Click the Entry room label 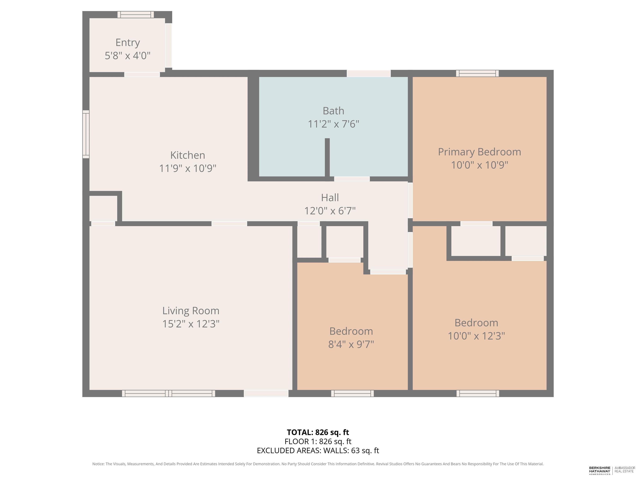click(x=128, y=43)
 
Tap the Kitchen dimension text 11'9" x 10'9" click(x=188, y=168)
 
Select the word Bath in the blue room click(x=333, y=111)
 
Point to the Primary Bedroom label click(x=479, y=152)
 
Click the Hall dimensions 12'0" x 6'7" click(x=330, y=211)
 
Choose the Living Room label click(x=191, y=311)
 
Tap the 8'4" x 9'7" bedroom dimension click(x=351, y=344)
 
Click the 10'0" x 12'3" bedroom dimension click(x=476, y=336)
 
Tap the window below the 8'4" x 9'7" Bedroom click(x=353, y=394)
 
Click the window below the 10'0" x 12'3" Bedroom click(x=478, y=394)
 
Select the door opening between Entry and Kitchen click(x=142, y=75)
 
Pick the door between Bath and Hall click(x=352, y=179)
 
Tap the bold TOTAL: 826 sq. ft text click(x=318, y=432)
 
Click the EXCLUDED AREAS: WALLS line click(x=318, y=450)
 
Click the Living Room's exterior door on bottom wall click(x=266, y=394)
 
